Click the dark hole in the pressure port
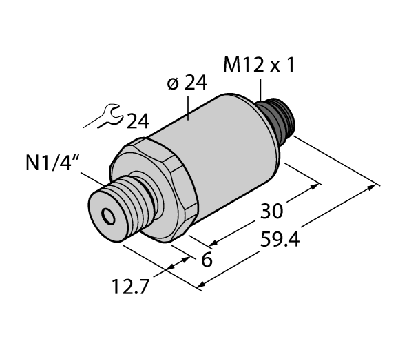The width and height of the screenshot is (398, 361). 108,217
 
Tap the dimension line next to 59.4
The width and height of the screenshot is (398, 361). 289,234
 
